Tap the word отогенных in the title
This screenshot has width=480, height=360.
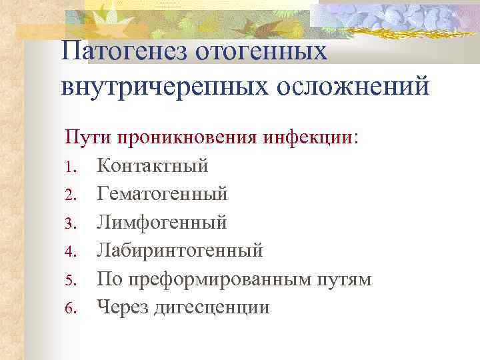pos(263,51)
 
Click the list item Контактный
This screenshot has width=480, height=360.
pos(153,165)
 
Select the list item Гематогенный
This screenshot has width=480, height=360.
pos(162,193)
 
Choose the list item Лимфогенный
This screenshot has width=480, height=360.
pos(161,222)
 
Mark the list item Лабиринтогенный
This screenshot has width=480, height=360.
pos(180,251)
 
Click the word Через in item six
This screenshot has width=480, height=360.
pos(124,308)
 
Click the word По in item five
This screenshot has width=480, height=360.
pos(109,279)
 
